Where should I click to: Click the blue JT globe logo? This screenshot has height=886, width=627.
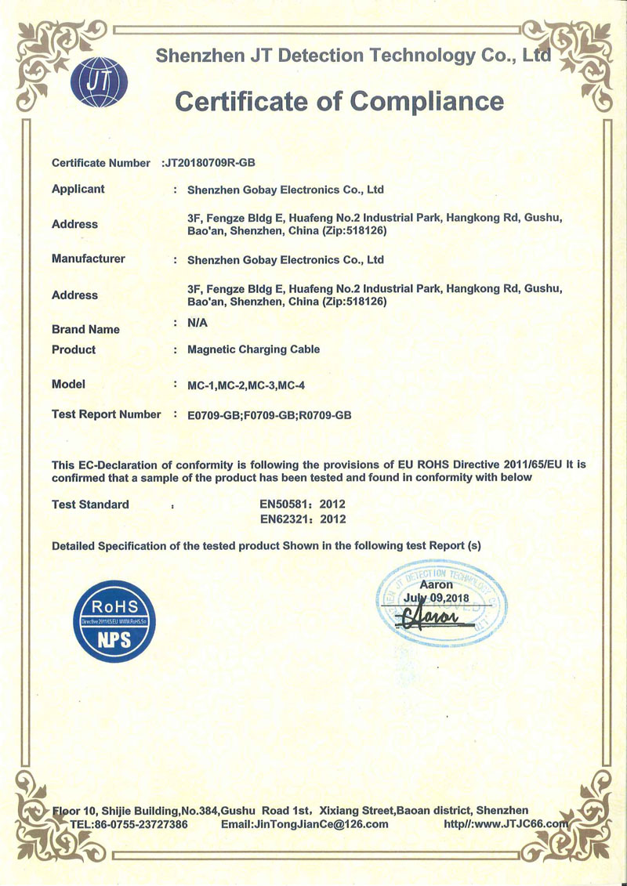pyautogui.click(x=98, y=82)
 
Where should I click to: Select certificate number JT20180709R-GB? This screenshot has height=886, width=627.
pyautogui.click(x=209, y=163)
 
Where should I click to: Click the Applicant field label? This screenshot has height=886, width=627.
pyautogui.click(x=78, y=189)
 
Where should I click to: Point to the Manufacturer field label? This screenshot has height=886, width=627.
pyautogui.click(x=88, y=259)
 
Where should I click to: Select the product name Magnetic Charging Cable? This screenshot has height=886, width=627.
pyautogui.click(x=254, y=349)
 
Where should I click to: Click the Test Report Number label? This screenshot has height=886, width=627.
pyautogui.click(x=106, y=414)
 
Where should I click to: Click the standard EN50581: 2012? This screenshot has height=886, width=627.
pyautogui.click(x=302, y=504)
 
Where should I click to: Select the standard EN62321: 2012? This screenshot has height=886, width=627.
pyautogui.click(x=302, y=519)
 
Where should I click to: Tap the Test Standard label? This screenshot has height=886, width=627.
pyautogui.click(x=90, y=504)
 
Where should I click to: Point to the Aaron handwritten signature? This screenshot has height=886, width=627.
pyautogui.click(x=435, y=618)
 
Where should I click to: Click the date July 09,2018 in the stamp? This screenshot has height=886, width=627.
pyautogui.click(x=436, y=599)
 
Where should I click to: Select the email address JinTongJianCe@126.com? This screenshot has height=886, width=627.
pyautogui.click(x=305, y=824)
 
